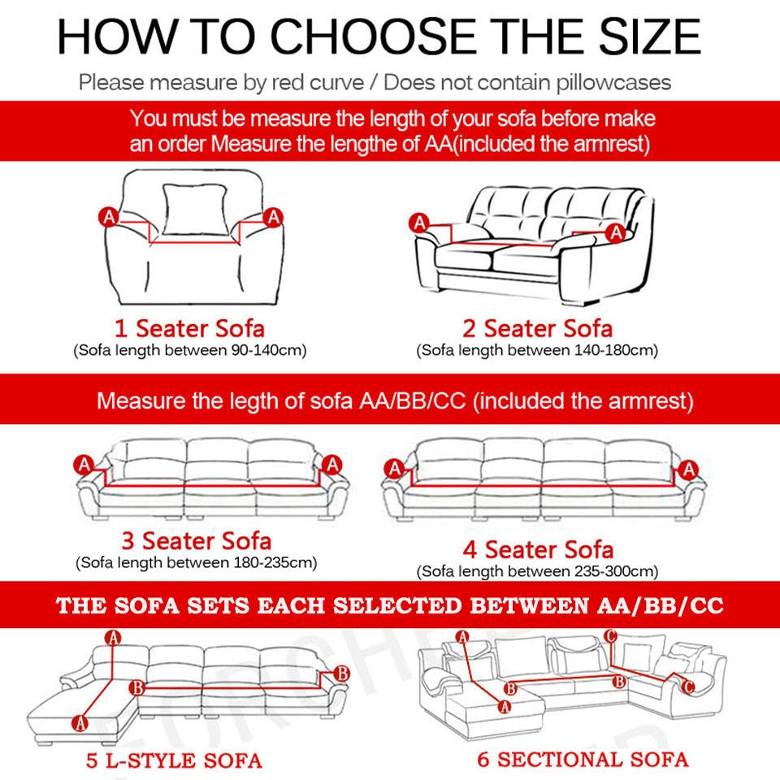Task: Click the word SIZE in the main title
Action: tap(650, 37)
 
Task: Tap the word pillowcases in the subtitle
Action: tap(613, 83)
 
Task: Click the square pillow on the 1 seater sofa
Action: tap(194, 210)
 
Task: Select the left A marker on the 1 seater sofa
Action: tap(109, 217)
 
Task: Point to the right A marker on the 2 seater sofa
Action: tap(617, 232)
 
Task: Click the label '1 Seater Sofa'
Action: tap(189, 328)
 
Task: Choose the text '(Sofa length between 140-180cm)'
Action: tap(537, 350)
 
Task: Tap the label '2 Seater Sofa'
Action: tap(537, 328)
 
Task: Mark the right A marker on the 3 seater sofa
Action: tap(331, 465)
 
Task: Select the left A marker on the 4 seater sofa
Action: tap(395, 469)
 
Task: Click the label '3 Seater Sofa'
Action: tap(197, 541)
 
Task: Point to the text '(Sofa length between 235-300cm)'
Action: tap(537, 571)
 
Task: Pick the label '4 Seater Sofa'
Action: tap(538, 549)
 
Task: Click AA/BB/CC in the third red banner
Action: tap(660, 605)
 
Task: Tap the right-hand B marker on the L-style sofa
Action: tap(342, 674)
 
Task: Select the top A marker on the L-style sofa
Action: tap(114, 638)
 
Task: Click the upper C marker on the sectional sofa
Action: tap(610, 635)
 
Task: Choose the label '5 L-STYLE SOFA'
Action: tap(174, 760)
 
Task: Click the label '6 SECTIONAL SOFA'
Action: tap(583, 760)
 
